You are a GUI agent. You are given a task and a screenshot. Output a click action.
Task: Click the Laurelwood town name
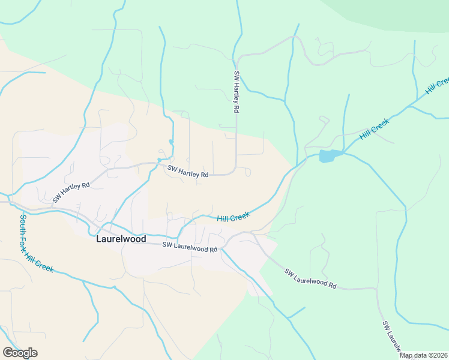[121, 238]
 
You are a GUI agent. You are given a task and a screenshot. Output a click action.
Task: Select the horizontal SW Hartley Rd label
[188, 172]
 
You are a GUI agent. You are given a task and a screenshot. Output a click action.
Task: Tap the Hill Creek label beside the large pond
[375, 129]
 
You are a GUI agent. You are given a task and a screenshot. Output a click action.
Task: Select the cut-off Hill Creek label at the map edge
[438, 86]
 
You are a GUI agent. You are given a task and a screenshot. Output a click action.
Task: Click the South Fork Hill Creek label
[36, 244]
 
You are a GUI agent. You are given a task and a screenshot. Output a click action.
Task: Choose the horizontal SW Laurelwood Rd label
[189, 247]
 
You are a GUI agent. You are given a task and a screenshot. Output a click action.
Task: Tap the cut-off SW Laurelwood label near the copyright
[392, 337]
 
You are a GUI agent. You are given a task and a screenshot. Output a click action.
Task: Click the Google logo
[20, 353]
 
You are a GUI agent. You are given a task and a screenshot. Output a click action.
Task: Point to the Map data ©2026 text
[424, 355]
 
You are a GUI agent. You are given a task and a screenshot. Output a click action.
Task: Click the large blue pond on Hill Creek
[328, 156]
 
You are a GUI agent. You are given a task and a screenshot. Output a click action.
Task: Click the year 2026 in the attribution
[440, 355]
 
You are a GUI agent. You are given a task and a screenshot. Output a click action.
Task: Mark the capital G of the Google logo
[8, 353]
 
